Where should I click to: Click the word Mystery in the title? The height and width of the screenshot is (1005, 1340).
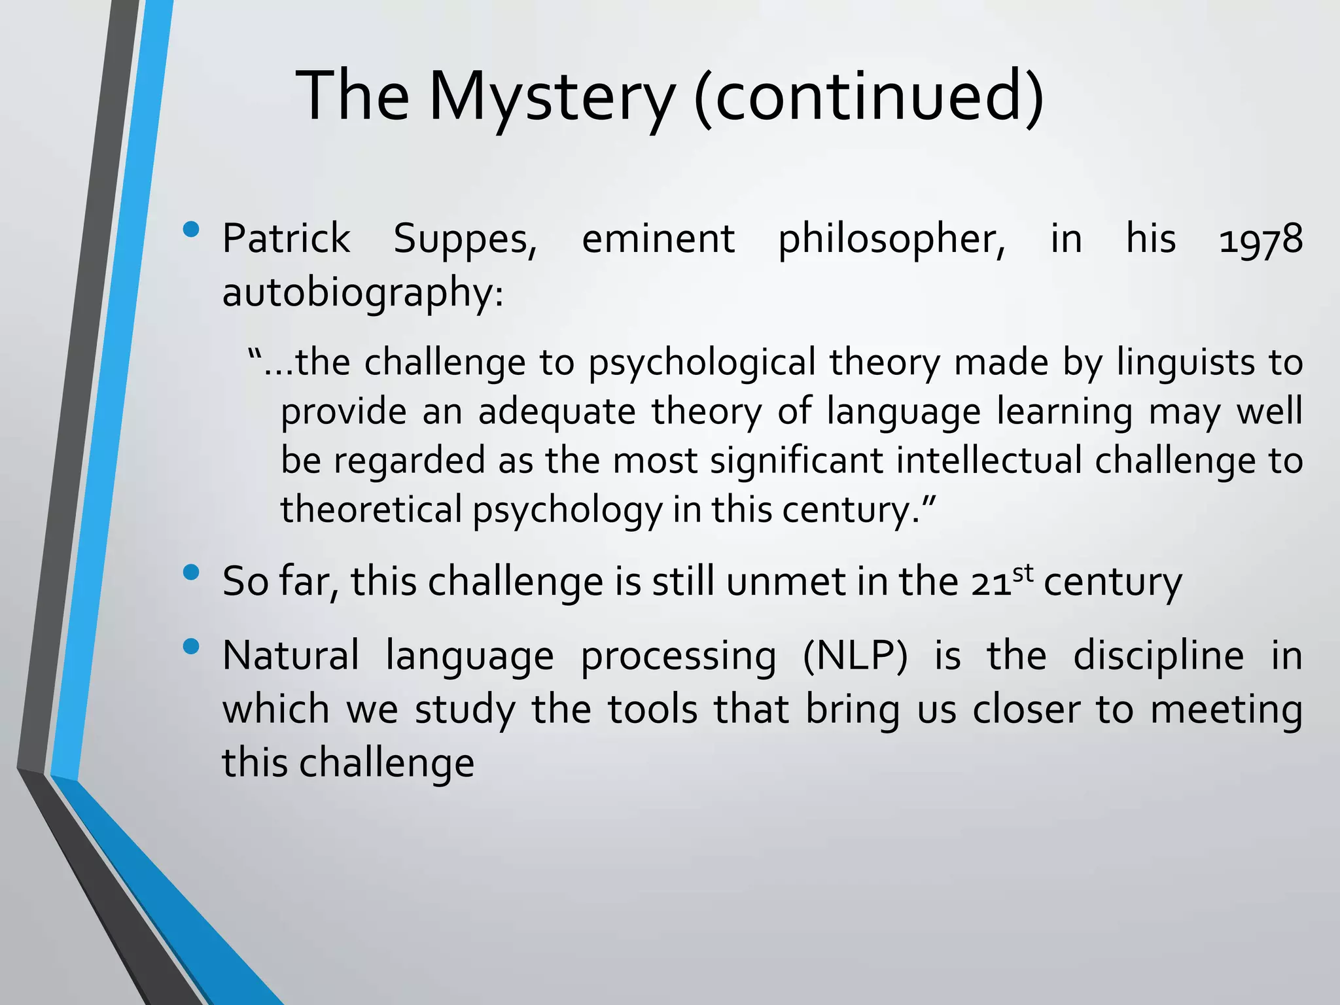550,98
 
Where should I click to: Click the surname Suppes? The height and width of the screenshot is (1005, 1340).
465,239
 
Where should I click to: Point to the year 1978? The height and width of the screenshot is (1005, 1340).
1261,239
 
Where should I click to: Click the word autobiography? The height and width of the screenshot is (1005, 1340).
362,293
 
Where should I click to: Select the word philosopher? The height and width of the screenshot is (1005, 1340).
891,239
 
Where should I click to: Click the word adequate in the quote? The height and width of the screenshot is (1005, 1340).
557,412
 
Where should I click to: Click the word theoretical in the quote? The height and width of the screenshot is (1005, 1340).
371,509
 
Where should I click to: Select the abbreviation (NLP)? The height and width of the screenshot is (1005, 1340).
855,656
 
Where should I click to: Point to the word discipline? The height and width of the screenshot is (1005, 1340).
1159,656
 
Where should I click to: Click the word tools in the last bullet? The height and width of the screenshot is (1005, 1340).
652,709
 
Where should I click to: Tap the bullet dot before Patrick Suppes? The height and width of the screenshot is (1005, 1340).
191,230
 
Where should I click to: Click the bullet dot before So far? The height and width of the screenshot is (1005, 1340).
191,573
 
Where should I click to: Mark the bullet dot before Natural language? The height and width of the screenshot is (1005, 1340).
191,647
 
